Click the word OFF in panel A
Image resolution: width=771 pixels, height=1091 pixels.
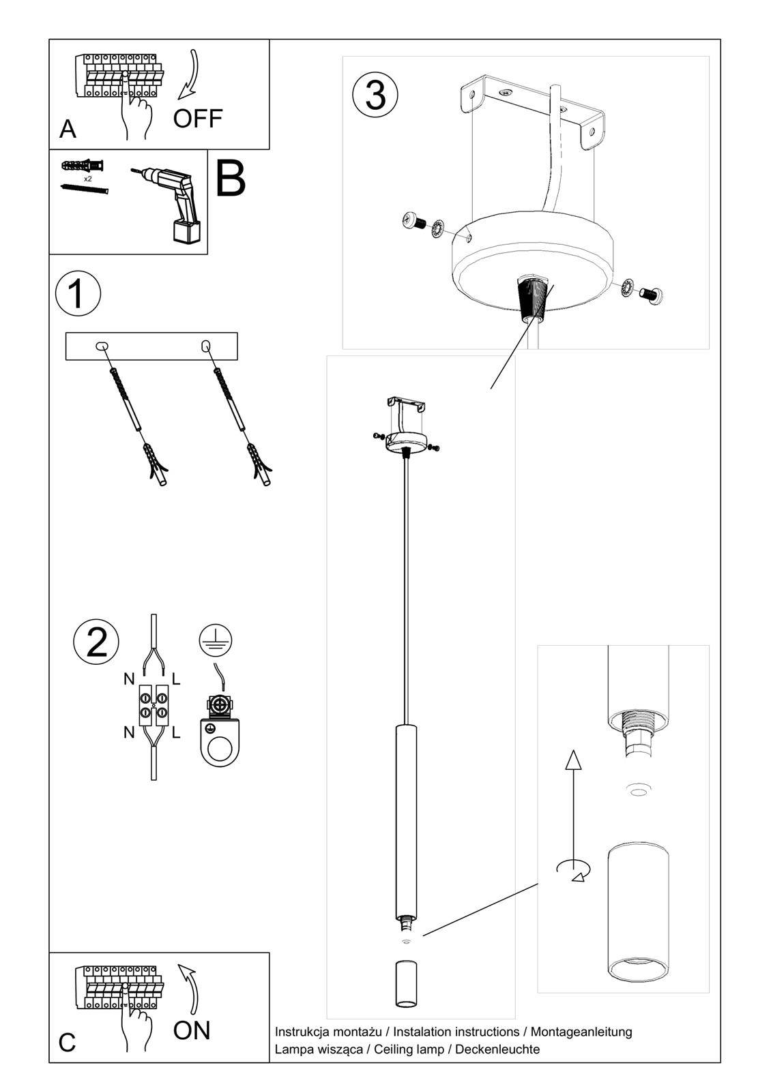tap(197, 119)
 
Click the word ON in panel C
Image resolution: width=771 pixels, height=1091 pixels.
tap(192, 1030)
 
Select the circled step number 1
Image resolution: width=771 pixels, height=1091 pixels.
tap(78, 295)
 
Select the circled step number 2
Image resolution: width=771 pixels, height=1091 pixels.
tap(96, 642)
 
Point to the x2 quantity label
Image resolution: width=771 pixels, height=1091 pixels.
tap(87, 179)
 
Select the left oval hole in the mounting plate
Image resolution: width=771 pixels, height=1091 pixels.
tap(102, 346)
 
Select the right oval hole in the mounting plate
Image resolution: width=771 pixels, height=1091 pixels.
tap(205, 346)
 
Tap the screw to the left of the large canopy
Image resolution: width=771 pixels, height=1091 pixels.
tap(413, 222)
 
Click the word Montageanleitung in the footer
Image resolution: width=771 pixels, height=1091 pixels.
tap(581, 1032)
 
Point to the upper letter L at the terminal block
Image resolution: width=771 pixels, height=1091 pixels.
tap(176, 678)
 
